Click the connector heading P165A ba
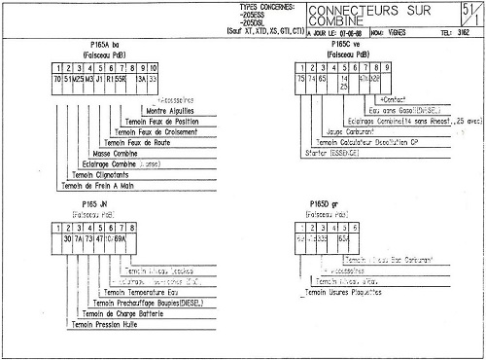coord(102,46)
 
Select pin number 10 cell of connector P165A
coord(153,68)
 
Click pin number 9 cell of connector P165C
coord(387,68)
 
